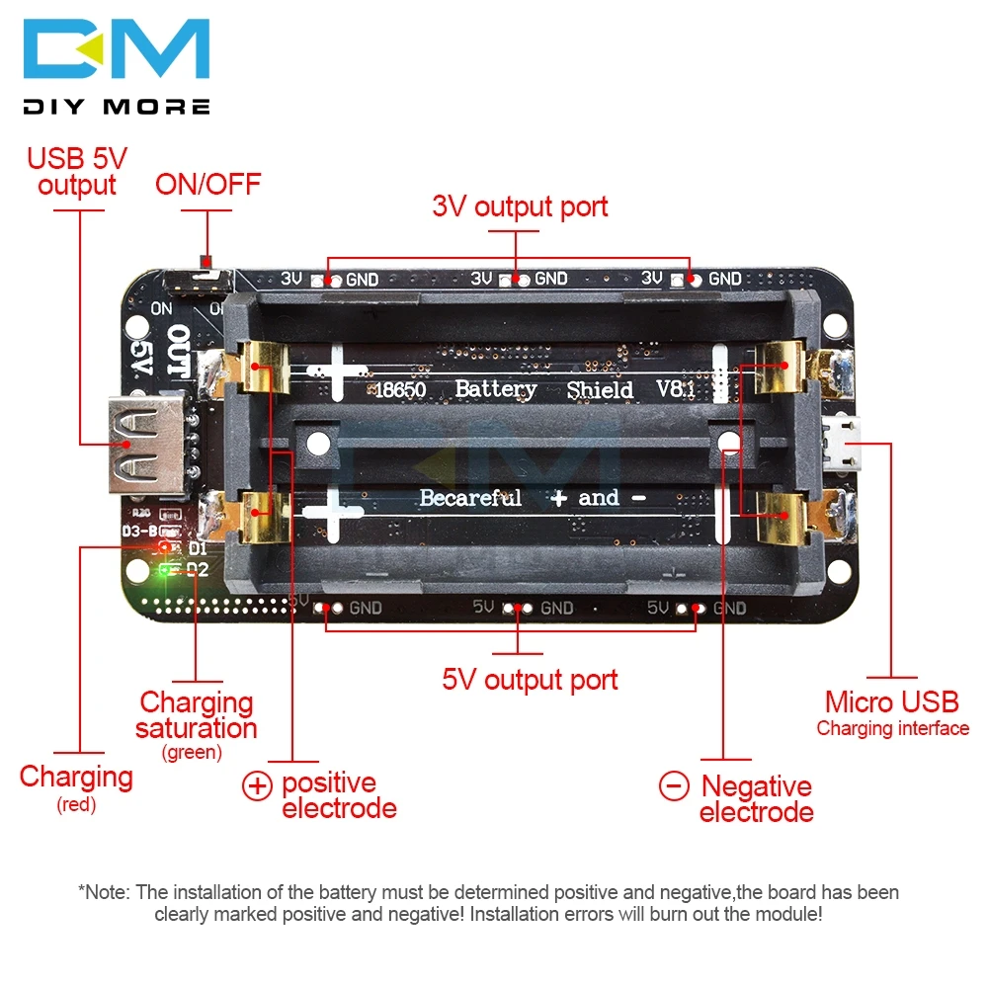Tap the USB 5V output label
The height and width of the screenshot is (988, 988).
pyautogui.click(x=77, y=171)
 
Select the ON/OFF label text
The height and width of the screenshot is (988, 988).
pyautogui.click(x=207, y=184)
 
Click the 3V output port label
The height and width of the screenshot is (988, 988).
pyautogui.click(x=520, y=206)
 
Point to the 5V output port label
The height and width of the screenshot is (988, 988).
pyautogui.click(x=530, y=680)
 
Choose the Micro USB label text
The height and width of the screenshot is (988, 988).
pyautogui.click(x=891, y=702)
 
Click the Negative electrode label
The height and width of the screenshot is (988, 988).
pyautogui.click(x=756, y=799)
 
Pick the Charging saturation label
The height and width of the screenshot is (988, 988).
pyautogui.click(x=197, y=715)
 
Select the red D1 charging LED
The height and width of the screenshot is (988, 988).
pyautogui.click(x=163, y=546)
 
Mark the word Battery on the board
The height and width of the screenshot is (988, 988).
pyautogui.click(x=495, y=388)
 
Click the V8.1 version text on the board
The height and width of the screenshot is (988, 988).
pyautogui.click(x=676, y=389)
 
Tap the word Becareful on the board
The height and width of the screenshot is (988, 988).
pyautogui.click(x=470, y=497)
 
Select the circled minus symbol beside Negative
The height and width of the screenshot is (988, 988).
pyautogui.click(x=674, y=786)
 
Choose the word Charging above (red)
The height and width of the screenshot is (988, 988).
pyautogui.click(x=76, y=777)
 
